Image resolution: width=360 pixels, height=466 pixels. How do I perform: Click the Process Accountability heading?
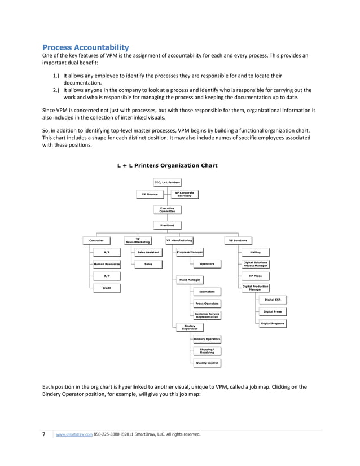[x=86, y=47]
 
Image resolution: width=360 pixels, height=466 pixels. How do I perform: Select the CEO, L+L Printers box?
[x=167, y=182]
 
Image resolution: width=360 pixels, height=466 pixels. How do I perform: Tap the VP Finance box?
[x=150, y=194]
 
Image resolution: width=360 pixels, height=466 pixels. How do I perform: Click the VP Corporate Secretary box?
[x=185, y=194]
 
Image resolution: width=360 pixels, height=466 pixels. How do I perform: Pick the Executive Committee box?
[x=167, y=209]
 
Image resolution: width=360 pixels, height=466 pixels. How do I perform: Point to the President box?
[x=167, y=225]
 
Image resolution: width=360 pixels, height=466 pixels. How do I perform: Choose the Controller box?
[x=96, y=240]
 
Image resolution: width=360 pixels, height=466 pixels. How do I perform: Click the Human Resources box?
[x=107, y=263]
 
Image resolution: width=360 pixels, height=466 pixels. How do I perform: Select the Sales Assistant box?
[x=148, y=252]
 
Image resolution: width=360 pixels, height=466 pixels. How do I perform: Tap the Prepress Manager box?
[x=190, y=252]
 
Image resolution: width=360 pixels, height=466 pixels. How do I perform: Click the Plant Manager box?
[x=190, y=279]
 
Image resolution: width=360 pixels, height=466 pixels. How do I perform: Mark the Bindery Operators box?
[x=207, y=339]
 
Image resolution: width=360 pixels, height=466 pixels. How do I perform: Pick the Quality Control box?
[x=207, y=363]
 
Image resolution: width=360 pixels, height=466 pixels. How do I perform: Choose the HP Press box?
[x=255, y=276]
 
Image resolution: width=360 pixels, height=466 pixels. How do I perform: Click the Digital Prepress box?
[x=273, y=323]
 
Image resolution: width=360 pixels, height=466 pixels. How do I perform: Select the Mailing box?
[x=255, y=252]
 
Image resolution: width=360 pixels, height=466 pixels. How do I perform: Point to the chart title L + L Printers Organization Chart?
[x=167, y=165]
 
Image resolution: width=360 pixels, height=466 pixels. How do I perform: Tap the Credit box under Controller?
[x=107, y=288]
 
